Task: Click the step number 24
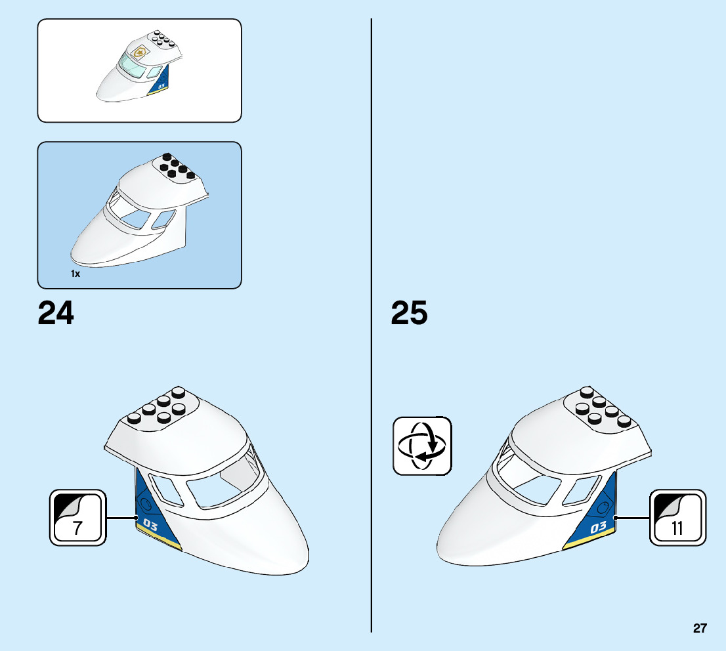click(56, 313)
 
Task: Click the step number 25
click(409, 313)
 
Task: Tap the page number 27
click(700, 628)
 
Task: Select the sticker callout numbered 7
click(77, 517)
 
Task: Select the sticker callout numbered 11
click(678, 517)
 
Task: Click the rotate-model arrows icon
click(422, 446)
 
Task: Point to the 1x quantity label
click(75, 274)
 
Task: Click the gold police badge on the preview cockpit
click(139, 52)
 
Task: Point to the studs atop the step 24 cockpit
click(158, 407)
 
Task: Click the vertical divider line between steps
click(372, 328)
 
